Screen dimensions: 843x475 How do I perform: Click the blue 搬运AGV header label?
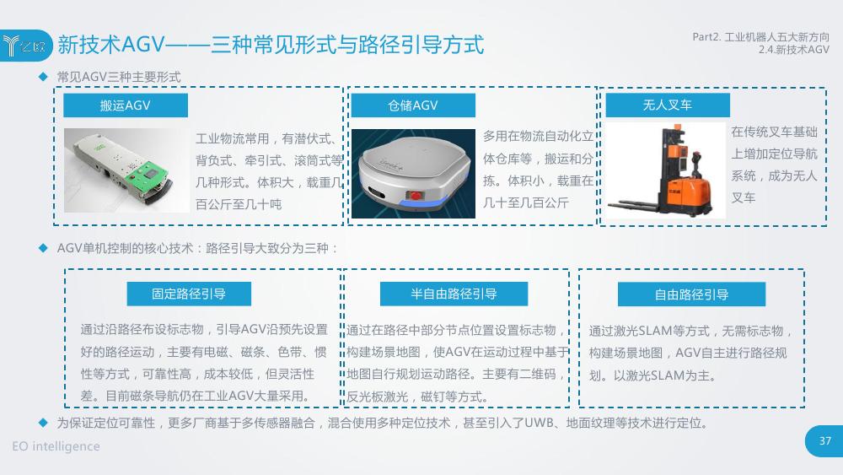pos(126,105)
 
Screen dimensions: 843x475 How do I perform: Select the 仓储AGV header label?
pos(413,105)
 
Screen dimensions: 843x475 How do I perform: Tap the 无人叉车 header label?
pos(668,105)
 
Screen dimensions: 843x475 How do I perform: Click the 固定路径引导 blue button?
pos(189,294)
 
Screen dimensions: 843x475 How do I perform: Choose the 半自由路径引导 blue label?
pos(454,294)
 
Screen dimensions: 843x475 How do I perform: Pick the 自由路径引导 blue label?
pos(691,294)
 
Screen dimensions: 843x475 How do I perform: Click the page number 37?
pos(825,441)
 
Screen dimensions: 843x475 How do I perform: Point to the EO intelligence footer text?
pos(56,446)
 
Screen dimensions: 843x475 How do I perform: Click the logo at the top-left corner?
pos(25,46)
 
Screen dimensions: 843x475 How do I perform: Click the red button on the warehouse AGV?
pos(415,195)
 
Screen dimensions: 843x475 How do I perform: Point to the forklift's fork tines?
pos(635,206)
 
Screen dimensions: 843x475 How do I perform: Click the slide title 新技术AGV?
pos(110,45)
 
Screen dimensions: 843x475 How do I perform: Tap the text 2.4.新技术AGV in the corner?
pos(794,50)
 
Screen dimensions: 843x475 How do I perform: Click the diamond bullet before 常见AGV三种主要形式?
pos(44,77)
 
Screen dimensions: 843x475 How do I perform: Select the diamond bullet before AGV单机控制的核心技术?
pos(44,248)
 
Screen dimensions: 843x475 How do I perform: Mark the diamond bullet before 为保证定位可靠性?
pos(44,423)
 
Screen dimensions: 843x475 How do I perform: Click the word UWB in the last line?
pos(539,423)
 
